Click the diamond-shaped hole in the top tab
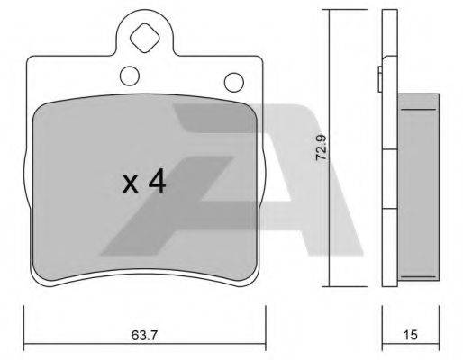pos(143,40)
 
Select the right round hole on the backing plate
pos(239,82)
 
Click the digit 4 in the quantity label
pos(157,183)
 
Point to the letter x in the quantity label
pos(131,185)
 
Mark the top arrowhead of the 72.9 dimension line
pos(327,13)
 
